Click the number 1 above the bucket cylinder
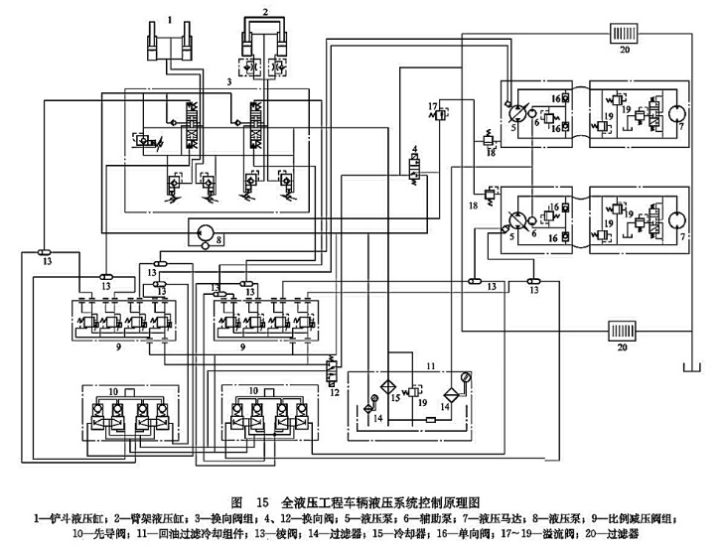pyautogui.click(x=170, y=20)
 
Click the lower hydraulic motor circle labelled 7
pyautogui.click(x=674, y=216)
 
